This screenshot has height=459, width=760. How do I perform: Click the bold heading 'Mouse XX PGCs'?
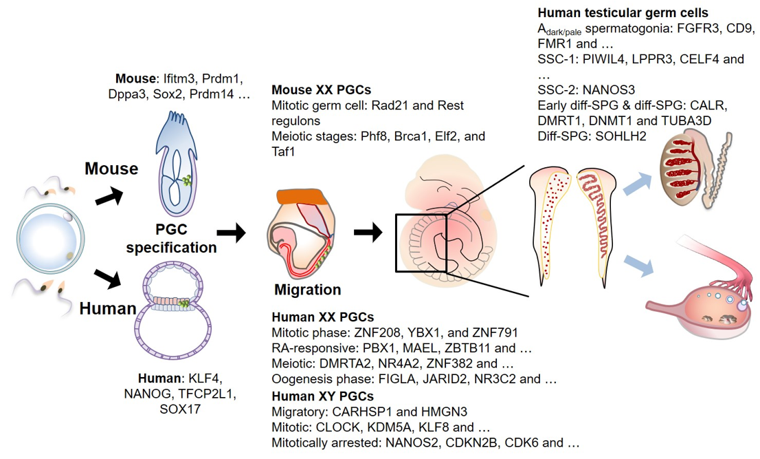(322, 89)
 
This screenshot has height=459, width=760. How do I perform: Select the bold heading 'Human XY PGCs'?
(323, 396)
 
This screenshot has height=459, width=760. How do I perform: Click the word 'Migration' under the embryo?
(308, 290)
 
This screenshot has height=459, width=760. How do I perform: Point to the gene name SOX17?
(180, 409)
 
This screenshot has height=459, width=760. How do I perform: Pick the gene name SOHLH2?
(621, 136)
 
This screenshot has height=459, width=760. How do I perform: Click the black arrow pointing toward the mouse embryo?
(109, 195)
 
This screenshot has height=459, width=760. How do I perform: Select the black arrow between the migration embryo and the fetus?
(368, 233)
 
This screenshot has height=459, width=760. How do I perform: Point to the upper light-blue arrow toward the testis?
(637, 184)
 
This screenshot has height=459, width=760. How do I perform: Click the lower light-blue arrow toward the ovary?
(638, 266)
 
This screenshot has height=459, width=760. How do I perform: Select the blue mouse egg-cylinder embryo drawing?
(176, 164)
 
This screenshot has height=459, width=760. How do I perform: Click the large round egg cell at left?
(51, 239)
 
